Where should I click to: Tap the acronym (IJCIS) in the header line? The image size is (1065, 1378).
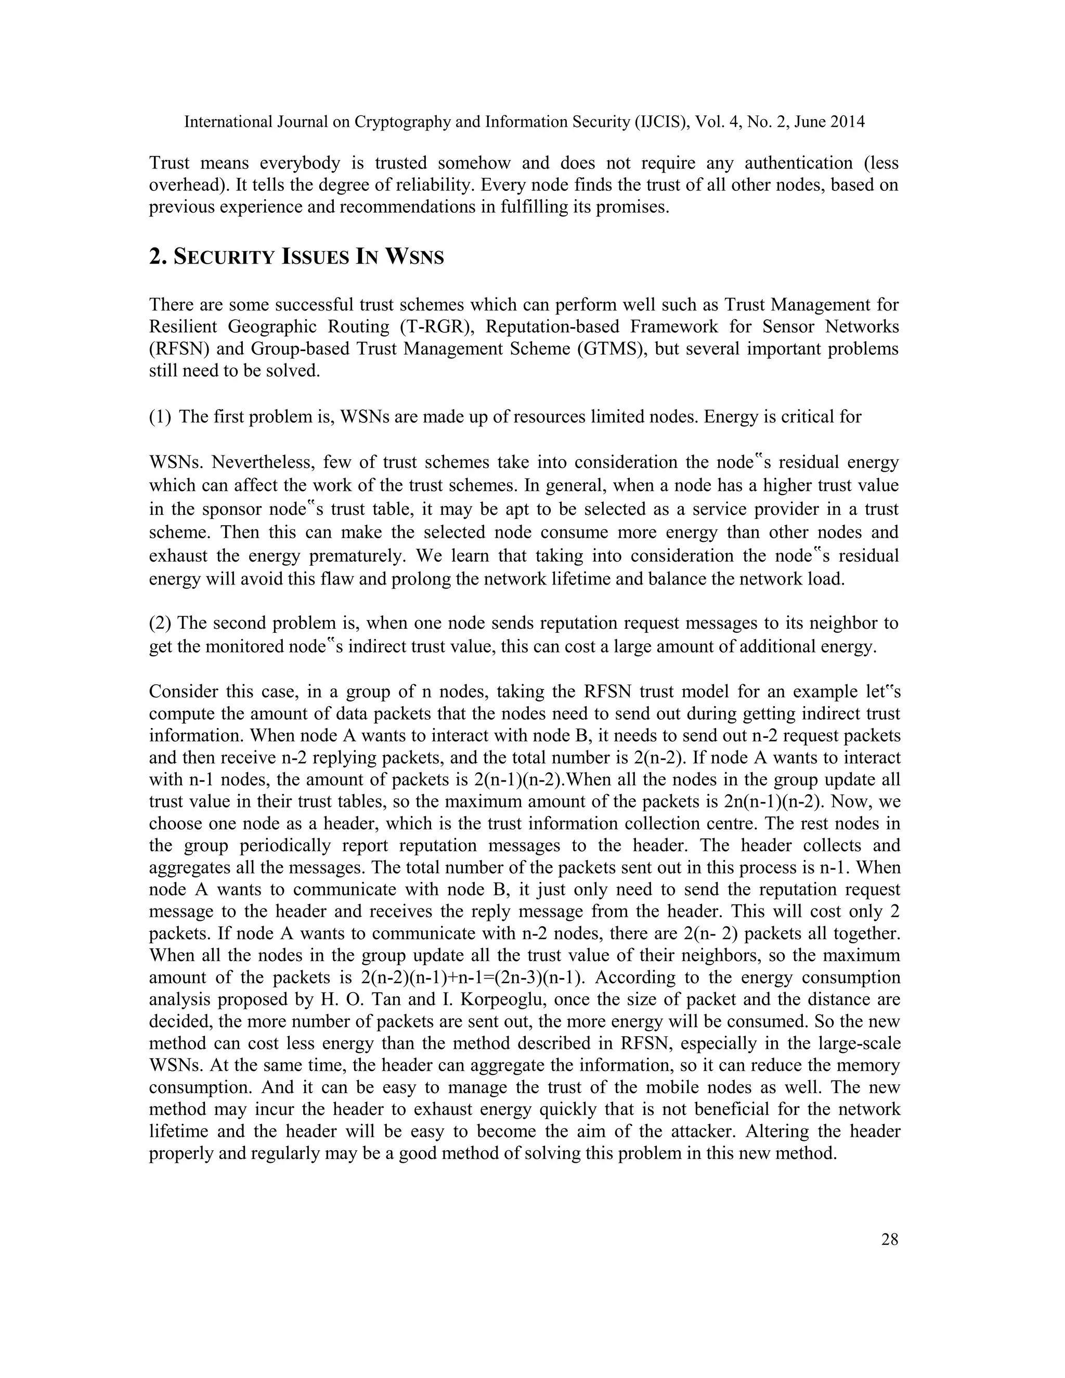point(663,122)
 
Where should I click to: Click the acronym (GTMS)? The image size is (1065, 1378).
point(611,349)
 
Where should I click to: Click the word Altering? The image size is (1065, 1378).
point(780,1132)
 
